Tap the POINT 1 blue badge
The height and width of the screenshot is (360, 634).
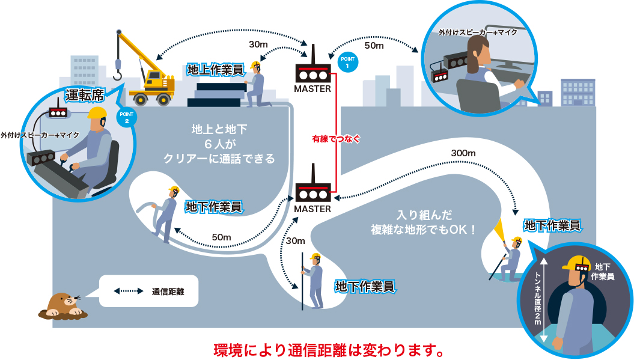(348, 62)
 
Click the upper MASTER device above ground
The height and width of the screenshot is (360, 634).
(312, 72)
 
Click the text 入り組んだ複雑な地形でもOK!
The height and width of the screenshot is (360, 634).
(424, 222)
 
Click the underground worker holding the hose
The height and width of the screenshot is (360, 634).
(167, 213)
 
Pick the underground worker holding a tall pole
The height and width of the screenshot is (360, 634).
(314, 279)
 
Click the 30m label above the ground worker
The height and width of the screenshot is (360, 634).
(258, 44)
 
